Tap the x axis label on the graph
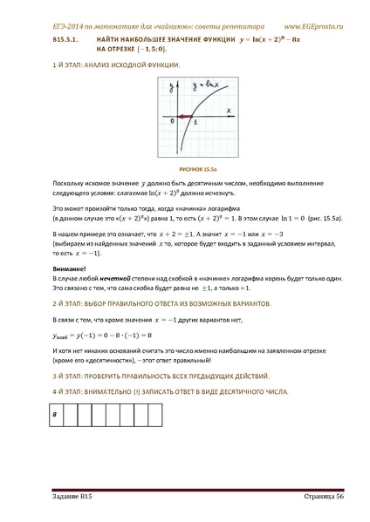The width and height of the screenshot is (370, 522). pos(229,111)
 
